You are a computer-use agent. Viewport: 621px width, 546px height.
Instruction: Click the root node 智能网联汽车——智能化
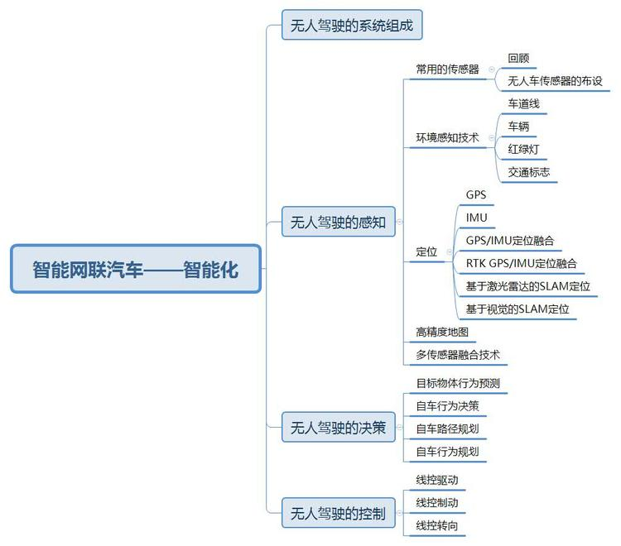136,269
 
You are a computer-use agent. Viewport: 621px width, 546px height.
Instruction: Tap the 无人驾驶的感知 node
338,222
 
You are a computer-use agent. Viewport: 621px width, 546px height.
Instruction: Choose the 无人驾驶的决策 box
338,428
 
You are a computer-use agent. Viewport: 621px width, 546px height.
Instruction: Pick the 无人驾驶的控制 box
338,514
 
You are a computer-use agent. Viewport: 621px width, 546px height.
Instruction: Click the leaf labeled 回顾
518,59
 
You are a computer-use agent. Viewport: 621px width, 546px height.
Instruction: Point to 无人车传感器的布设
555,81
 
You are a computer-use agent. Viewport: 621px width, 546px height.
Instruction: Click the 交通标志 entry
528,173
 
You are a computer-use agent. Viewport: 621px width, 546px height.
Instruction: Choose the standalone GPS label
476,195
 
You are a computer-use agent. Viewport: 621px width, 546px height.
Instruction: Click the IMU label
477,218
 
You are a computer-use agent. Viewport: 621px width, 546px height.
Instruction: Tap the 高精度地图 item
442,333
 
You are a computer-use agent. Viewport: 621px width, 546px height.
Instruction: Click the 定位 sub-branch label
426,251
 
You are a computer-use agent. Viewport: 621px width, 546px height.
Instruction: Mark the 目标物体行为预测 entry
457,383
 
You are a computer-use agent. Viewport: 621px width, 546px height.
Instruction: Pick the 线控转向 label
436,525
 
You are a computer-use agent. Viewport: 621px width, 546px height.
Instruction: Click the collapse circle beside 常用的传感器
492,69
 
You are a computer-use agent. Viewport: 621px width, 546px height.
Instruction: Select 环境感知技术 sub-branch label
447,137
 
